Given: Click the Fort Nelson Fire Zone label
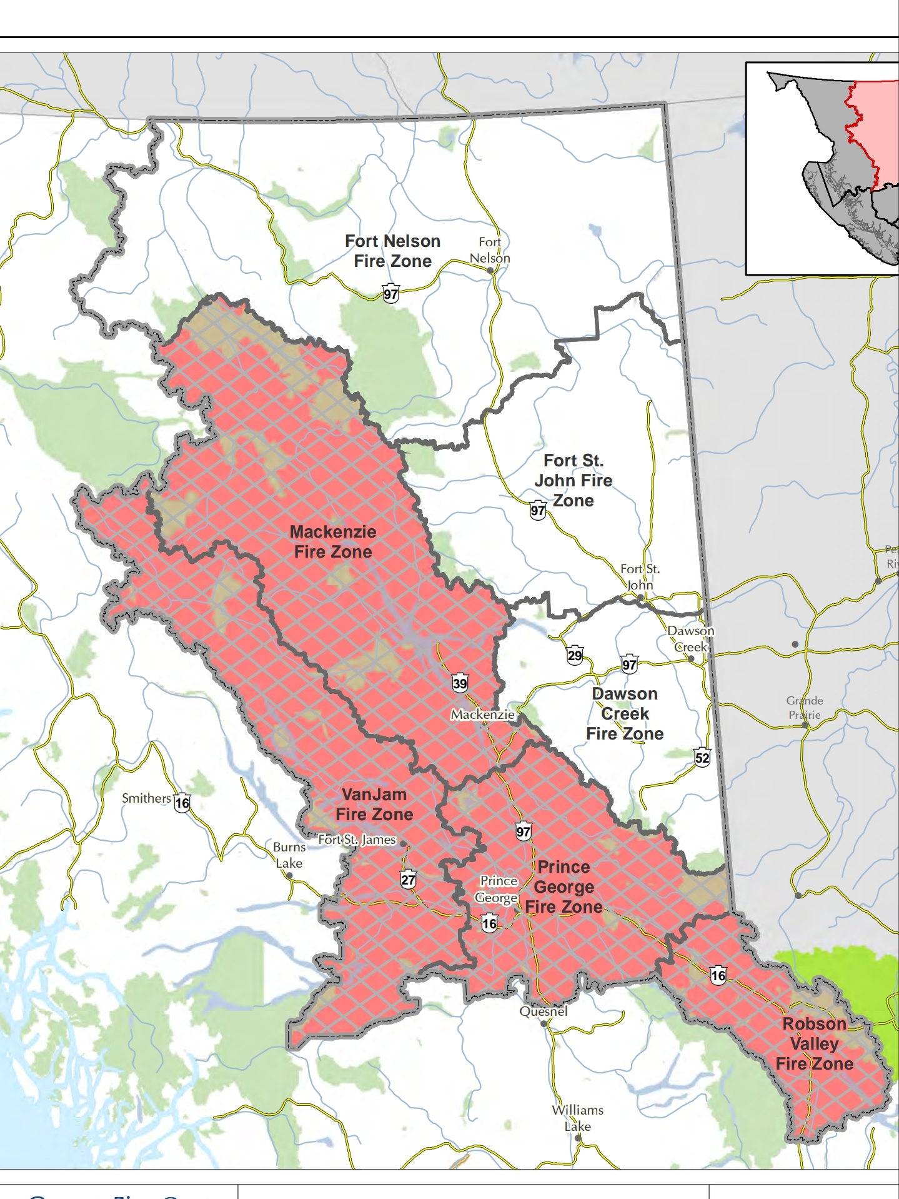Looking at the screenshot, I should (392, 251).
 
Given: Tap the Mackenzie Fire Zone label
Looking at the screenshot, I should (333, 542).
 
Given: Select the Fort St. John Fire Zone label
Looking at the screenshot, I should (573, 481).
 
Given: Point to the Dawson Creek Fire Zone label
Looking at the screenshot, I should (625, 714).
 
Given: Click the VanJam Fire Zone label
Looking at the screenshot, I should (374, 805).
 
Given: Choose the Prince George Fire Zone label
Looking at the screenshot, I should (564, 887).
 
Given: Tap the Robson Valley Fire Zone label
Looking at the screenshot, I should (814, 1044).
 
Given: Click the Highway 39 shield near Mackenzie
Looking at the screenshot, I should (460, 683).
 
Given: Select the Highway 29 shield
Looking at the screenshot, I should (575, 655).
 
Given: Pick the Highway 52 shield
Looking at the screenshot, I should (702, 758).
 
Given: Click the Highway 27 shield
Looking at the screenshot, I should (408, 880).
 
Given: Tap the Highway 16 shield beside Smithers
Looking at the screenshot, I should (182, 803).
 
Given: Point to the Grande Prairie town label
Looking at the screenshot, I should (804, 708).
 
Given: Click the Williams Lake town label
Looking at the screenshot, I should (577, 1118).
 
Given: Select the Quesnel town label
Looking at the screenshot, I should (544, 1011).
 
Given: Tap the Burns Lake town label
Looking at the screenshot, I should (289, 855).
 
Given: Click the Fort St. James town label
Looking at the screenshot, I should (357, 840).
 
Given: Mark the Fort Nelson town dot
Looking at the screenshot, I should (490, 271).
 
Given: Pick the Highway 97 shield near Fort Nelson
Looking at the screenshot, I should (391, 294).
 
